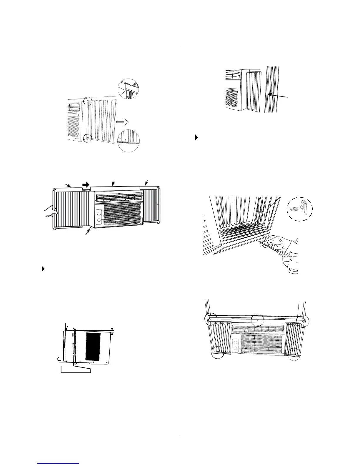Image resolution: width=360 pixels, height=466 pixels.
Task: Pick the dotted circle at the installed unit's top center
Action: [258, 319]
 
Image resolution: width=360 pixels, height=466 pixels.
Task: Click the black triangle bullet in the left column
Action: [43, 269]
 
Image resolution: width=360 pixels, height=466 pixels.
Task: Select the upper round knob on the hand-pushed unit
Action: [99, 212]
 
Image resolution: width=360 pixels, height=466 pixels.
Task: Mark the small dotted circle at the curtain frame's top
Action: [88, 101]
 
